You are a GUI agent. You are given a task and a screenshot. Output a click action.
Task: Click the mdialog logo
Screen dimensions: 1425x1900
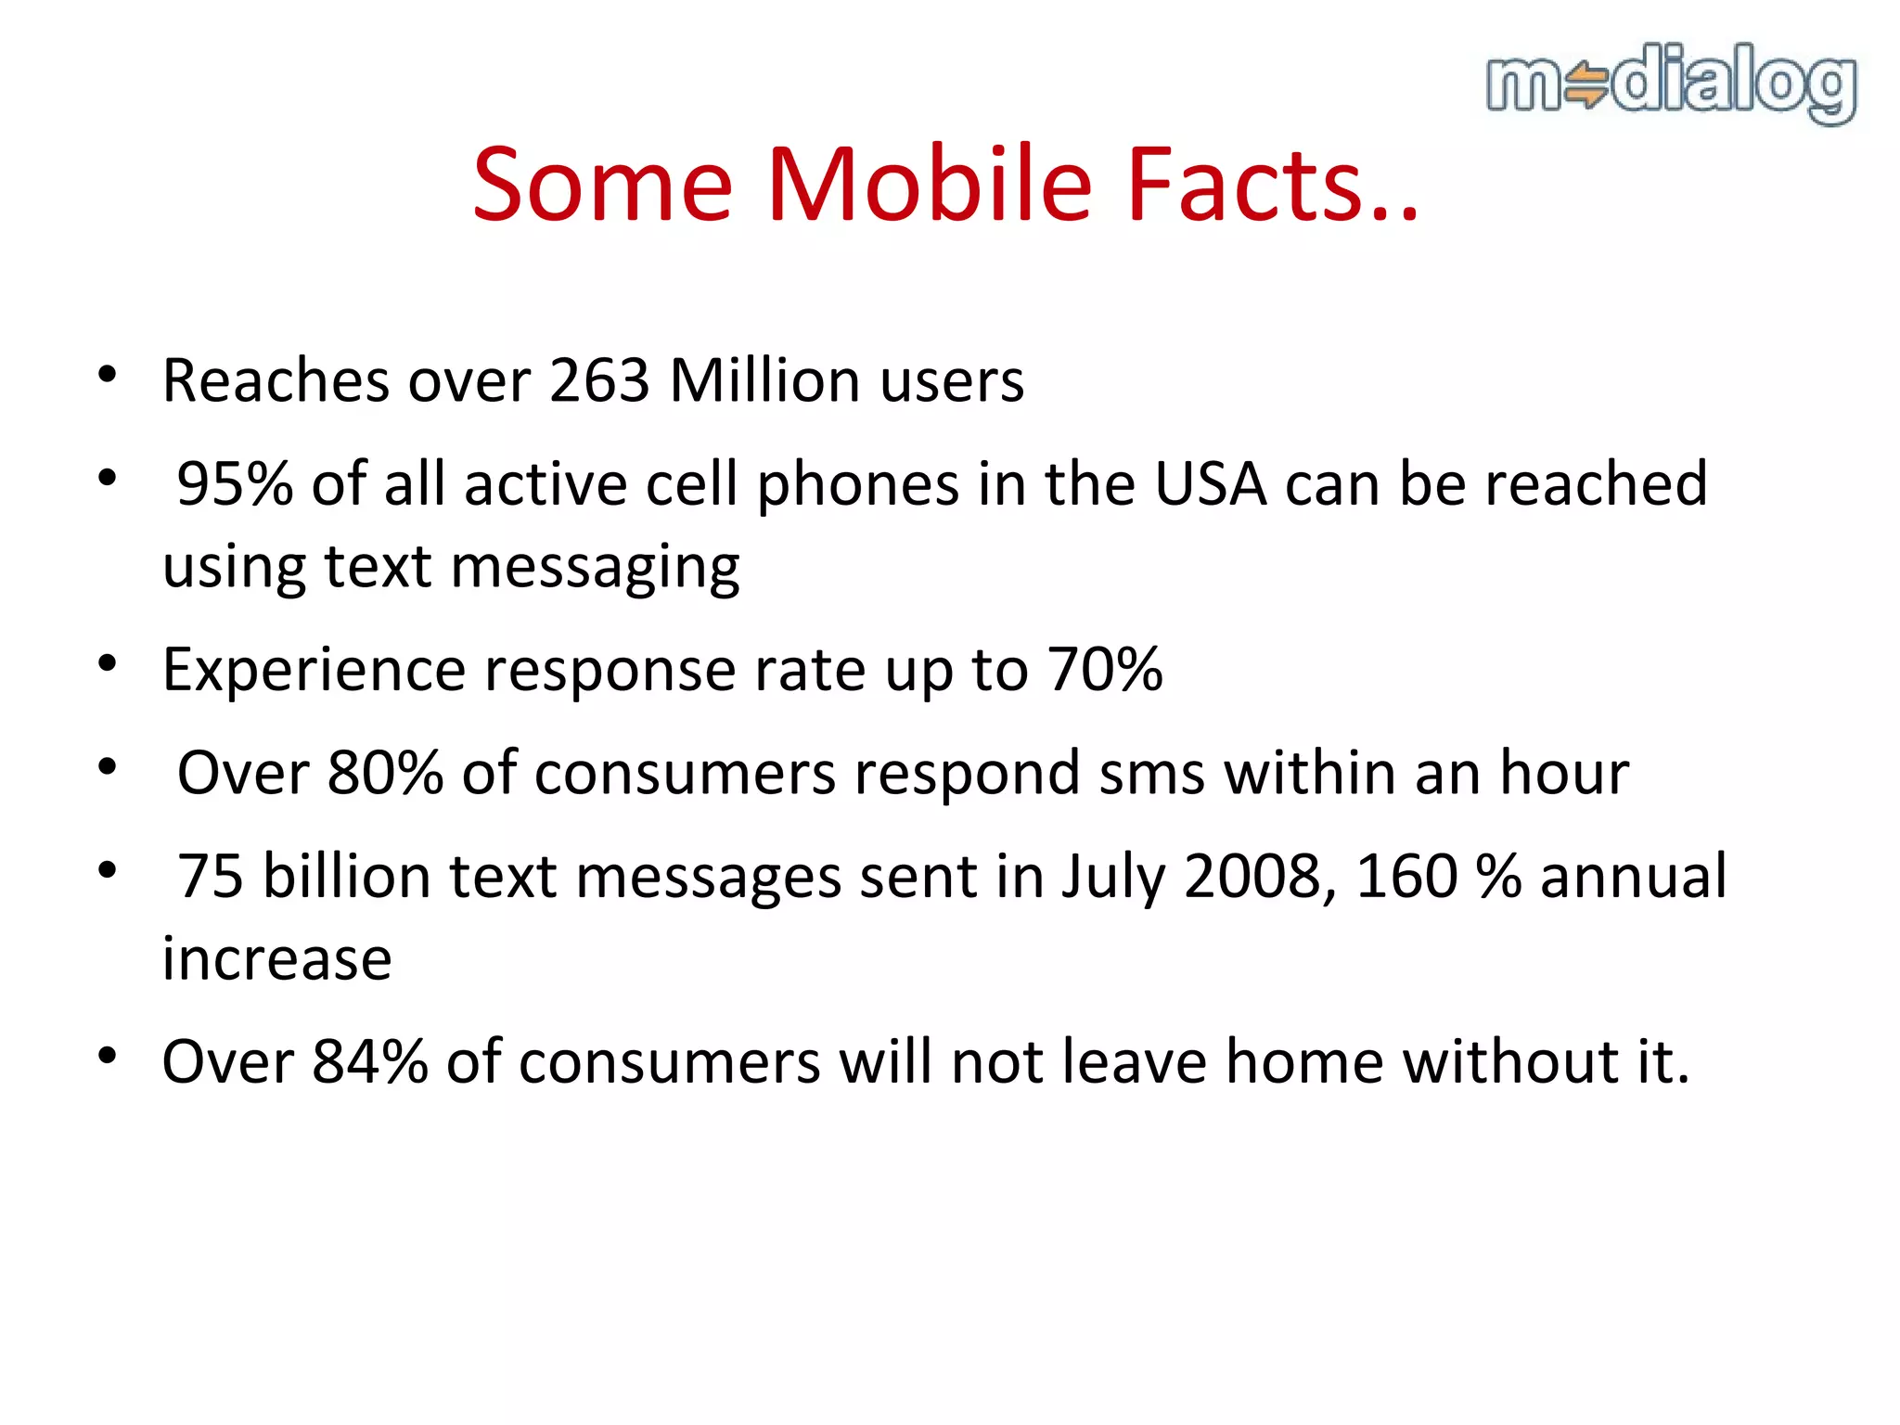(x=1671, y=83)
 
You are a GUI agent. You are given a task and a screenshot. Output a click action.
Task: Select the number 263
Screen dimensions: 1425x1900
(x=599, y=380)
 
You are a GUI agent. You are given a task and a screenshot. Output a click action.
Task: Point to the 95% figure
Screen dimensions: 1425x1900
(x=235, y=483)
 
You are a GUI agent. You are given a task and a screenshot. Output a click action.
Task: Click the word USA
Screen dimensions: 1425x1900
(x=1210, y=483)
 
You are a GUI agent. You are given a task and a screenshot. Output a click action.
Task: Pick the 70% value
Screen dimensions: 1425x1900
(x=1104, y=669)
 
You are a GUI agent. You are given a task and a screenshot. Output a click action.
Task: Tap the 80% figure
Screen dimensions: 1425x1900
(x=385, y=772)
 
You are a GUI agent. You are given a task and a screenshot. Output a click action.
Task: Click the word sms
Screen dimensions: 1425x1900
(x=1151, y=772)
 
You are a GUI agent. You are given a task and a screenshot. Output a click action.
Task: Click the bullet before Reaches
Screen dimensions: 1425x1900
(x=108, y=375)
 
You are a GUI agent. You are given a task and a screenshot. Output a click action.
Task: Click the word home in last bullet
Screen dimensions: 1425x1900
(x=1304, y=1061)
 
